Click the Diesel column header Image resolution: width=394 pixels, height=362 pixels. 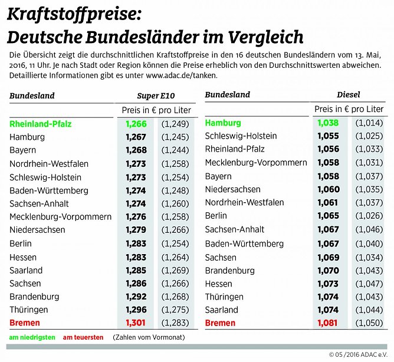[x=348, y=94]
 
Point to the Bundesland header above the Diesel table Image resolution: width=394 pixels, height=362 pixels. [x=227, y=94]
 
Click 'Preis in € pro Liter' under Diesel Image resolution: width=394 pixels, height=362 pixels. [x=349, y=109]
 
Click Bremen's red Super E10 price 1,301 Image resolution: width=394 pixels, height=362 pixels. [x=136, y=323]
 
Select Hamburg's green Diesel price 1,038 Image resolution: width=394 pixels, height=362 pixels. [x=329, y=123]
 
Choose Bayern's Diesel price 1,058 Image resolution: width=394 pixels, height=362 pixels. [x=329, y=176]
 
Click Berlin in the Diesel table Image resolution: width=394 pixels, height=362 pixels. [x=216, y=216]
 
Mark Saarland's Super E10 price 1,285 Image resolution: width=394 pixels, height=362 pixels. [x=136, y=270]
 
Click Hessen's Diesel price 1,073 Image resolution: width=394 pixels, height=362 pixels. [x=329, y=284]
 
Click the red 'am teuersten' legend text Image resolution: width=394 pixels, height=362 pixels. [x=82, y=338]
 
